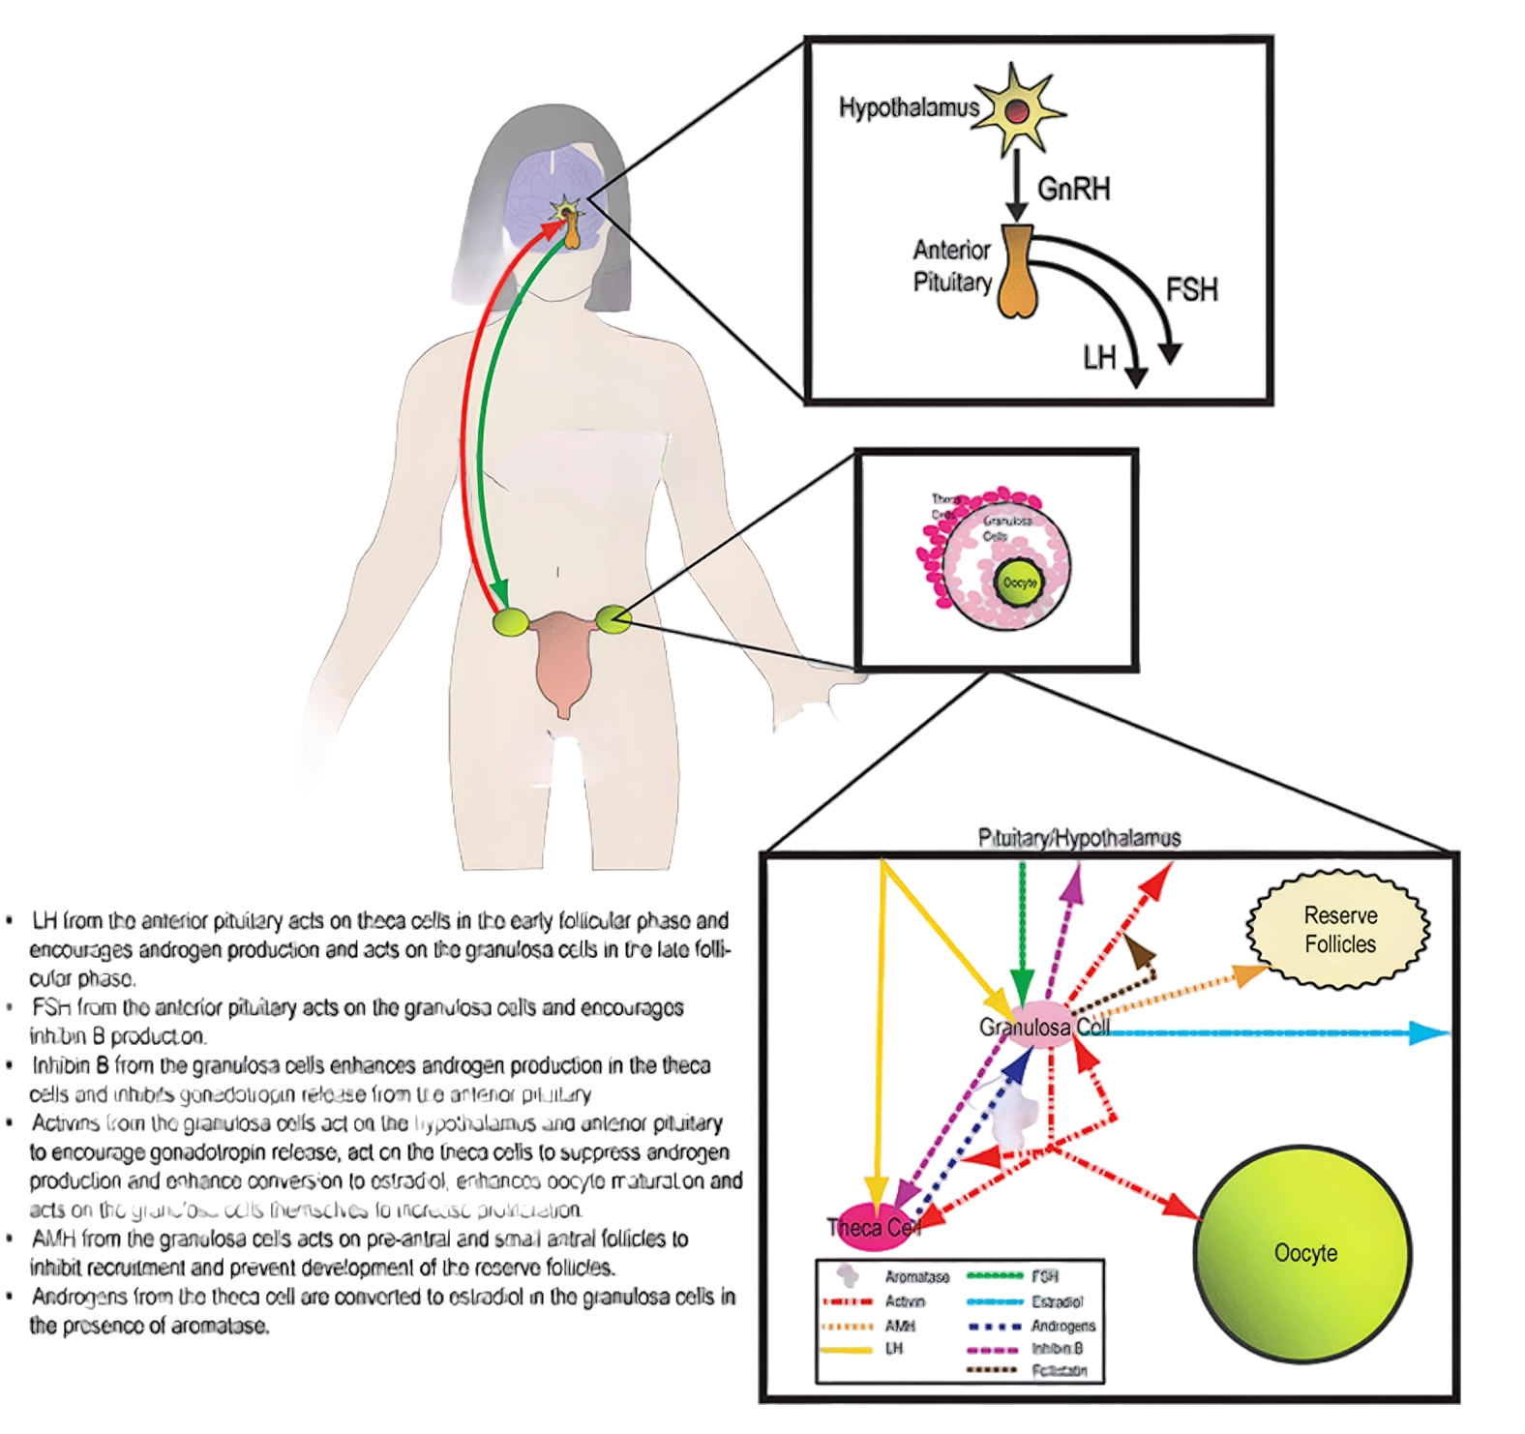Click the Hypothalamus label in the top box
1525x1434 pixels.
click(x=908, y=107)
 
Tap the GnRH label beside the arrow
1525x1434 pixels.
click(x=1073, y=188)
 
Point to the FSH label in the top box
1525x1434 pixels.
click(x=1191, y=289)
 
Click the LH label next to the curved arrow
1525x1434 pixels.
click(x=1099, y=358)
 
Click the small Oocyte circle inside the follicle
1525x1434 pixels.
click(x=1020, y=583)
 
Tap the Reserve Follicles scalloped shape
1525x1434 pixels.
click(x=1339, y=929)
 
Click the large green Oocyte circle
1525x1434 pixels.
click(x=1304, y=1253)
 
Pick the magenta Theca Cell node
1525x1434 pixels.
click(x=871, y=1227)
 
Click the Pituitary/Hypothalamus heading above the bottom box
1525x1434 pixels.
click(x=1079, y=838)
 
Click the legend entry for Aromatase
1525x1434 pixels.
click(x=915, y=1277)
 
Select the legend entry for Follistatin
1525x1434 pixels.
click(x=1059, y=1370)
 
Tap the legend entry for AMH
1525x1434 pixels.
click(x=899, y=1326)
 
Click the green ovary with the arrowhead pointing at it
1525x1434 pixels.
click(x=510, y=622)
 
